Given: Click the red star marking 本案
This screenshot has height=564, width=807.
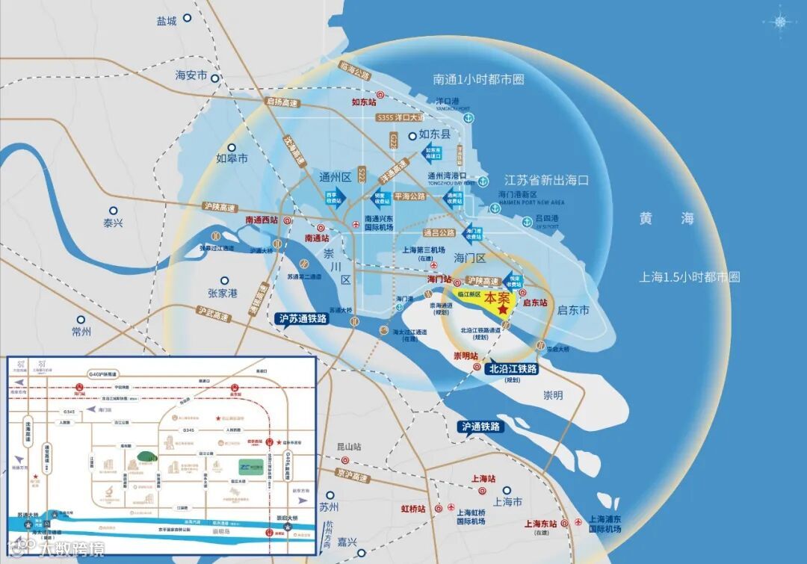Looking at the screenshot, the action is [x=504, y=308].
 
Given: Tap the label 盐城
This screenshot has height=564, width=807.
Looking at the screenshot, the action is [x=167, y=22].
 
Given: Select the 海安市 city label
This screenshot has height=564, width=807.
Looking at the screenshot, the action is [x=191, y=75].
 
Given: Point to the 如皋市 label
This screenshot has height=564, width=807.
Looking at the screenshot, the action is [x=232, y=158].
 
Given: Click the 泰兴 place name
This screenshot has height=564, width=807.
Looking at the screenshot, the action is [x=113, y=223].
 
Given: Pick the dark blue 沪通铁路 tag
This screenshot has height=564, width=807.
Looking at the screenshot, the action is [x=481, y=427].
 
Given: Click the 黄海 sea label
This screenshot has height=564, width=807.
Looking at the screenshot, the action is [x=667, y=218].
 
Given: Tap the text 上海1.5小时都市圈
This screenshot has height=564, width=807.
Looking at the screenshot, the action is [x=690, y=277].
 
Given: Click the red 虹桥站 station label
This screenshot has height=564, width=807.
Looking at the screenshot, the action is [x=413, y=509].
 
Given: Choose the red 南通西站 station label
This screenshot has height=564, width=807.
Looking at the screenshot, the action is [x=262, y=220].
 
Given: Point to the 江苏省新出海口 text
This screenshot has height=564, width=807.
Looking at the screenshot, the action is [x=547, y=181].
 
